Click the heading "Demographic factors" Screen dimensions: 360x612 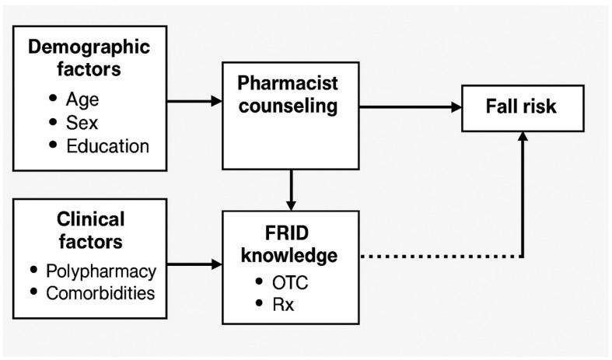click(89, 56)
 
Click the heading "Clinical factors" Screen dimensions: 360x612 click(89, 230)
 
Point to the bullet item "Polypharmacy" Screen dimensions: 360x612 click(100, 271)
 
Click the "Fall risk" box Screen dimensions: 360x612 click(521, 107)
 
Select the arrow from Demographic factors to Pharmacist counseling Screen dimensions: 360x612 click(194, 101)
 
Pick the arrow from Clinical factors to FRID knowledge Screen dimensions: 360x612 click(194, 264)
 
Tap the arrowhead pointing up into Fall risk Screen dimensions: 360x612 click(522, 136)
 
